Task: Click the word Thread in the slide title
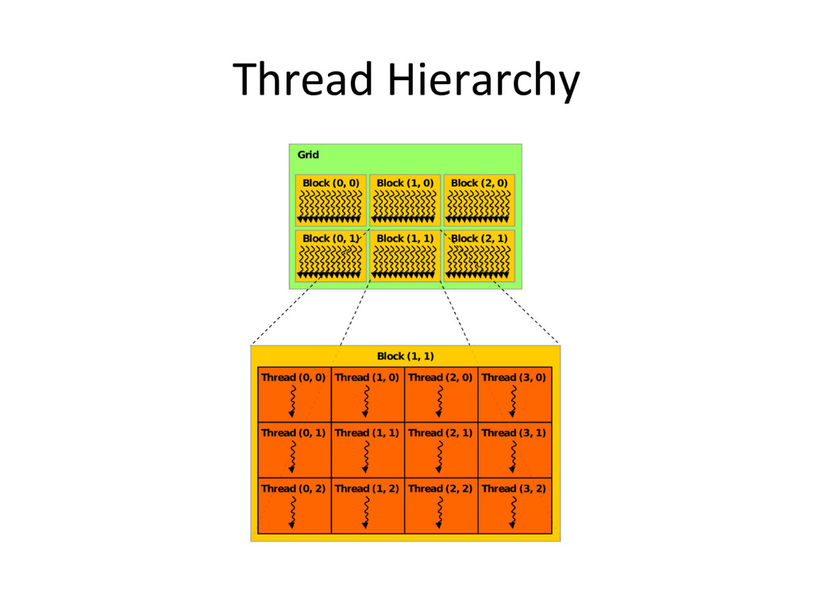(302, 80)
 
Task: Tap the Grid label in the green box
(308, 155)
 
